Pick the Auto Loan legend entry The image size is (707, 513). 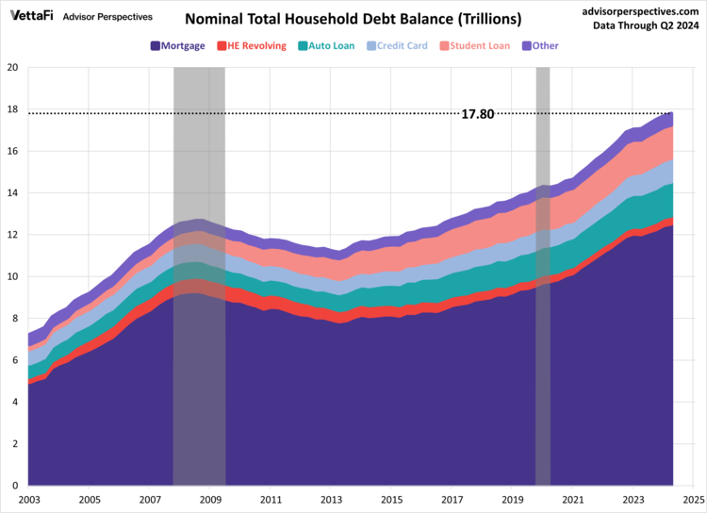coord(326,45)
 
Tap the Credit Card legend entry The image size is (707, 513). coord(396,45)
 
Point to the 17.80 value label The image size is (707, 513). coord(478,114)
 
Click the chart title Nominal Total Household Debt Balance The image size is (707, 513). coord(353,19)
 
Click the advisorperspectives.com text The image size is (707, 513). coord(637,10)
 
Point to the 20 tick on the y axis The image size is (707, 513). coord(12,68)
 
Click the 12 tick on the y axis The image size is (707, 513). coord(12,235)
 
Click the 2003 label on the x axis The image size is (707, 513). coord(29,500)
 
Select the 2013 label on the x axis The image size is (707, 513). coord(331,500)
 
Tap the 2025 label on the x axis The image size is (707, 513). coord(693,500)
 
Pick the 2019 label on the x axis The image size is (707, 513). coord(512,500)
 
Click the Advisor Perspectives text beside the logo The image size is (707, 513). coord(107,16)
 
